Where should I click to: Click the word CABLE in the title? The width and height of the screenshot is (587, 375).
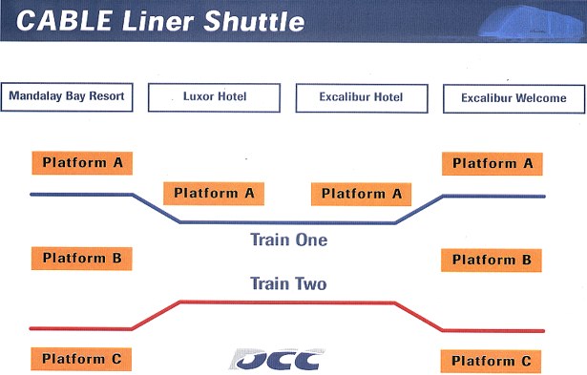(64, 20)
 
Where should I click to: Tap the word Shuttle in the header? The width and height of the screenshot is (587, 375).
(254, 21)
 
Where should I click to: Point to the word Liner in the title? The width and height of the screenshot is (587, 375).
(157, 21)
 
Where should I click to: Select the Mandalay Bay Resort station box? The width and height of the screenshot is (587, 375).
(67, 97)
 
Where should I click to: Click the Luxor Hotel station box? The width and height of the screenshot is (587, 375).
(214, 97)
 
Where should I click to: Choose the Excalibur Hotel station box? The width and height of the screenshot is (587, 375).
(362, 98)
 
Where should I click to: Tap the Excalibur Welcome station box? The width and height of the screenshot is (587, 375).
(514, 99)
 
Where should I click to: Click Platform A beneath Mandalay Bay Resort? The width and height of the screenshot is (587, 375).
(82, 163)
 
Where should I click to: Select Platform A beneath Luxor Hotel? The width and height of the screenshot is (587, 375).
(214, 194)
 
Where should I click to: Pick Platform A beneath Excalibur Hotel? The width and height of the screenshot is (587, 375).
(361, 195)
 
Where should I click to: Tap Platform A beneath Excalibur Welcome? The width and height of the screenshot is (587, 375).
(493, 164)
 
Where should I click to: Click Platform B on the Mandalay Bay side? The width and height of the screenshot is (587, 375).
(82, 259)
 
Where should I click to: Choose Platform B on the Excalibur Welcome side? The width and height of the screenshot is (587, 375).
(492, 260)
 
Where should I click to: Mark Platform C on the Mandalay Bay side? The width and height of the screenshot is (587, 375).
(82, 360)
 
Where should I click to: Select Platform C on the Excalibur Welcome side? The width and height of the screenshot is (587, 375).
(492, 362)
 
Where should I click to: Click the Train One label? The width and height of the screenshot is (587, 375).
(288, 240)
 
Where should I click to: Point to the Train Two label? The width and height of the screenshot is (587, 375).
(288, 283)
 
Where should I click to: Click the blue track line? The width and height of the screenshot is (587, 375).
(287, 222)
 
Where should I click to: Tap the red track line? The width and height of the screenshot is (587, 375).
(287, 302)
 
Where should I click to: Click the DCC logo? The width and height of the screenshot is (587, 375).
(277, 360)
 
